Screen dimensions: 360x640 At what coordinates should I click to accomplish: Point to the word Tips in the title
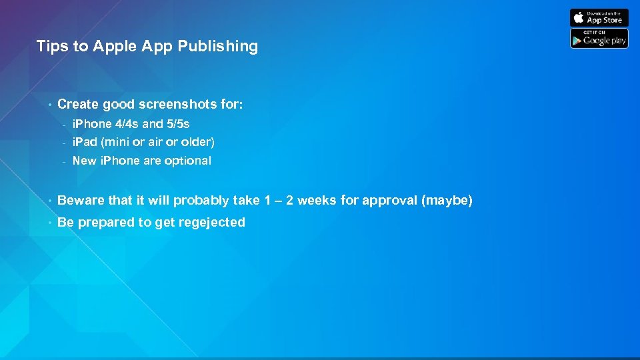coord(50,47)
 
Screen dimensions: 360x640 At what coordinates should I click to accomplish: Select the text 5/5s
coord(178,124)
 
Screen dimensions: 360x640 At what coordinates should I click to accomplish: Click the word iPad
coord(84,142)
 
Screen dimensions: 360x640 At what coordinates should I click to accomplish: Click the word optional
coord(187,161)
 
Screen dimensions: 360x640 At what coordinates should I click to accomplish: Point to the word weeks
coord(317,201)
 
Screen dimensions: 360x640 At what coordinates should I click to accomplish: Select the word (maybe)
coord(447,201)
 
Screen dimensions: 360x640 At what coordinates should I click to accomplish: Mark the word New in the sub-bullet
coord(84,161)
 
